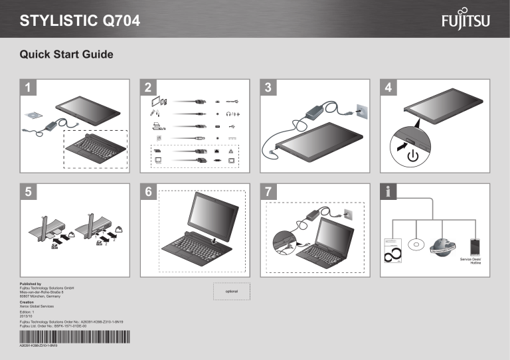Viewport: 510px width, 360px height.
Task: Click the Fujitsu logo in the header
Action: point(466,22)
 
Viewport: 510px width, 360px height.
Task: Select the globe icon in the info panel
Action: point(440,244)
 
